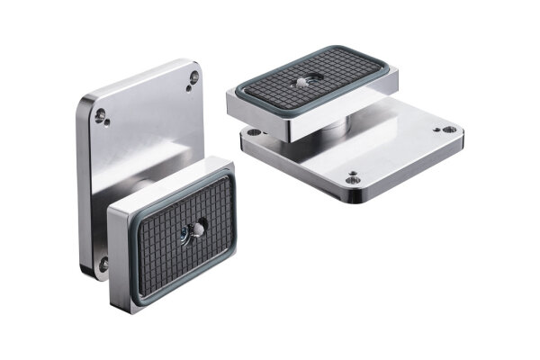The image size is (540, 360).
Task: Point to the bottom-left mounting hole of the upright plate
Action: point(103,264)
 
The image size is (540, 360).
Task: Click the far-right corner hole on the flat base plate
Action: point(445,131)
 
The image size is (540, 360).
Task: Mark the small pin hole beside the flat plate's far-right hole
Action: point(436,128)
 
